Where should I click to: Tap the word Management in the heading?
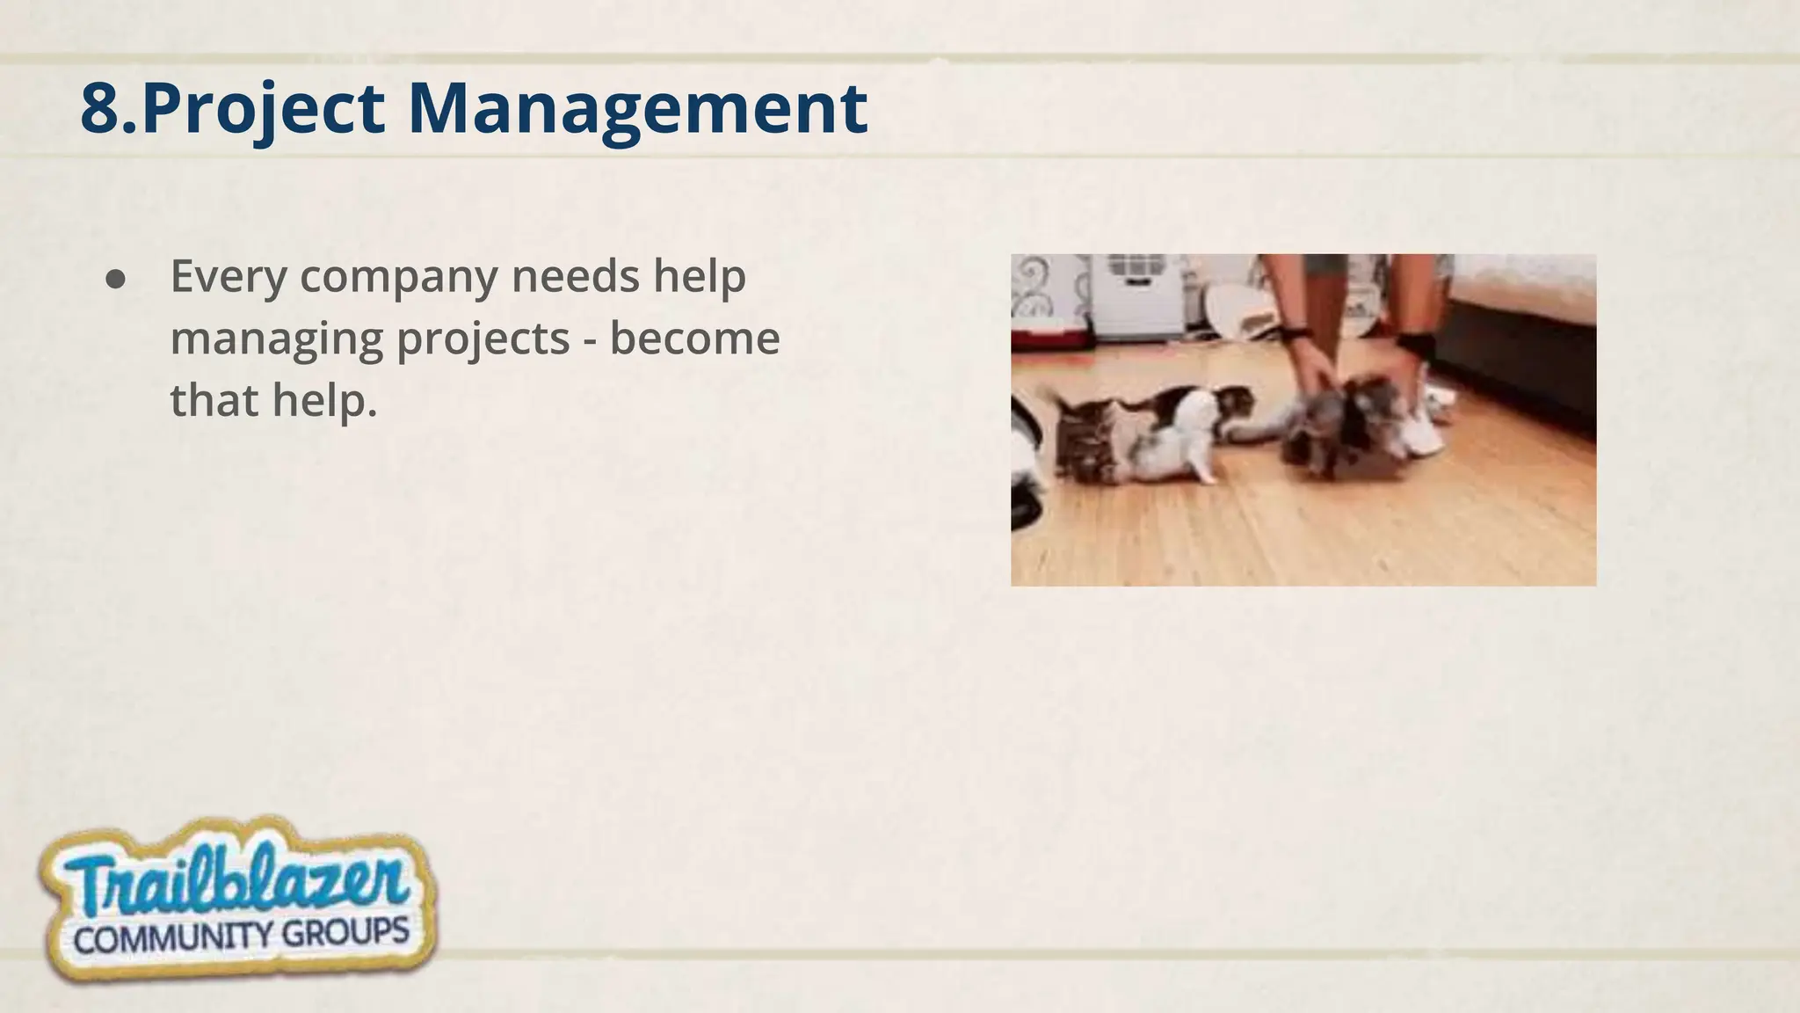pos(638,110)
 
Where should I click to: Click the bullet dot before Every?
pos(115,279)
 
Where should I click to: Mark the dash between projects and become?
pos(591,339)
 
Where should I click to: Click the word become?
pos(694,338)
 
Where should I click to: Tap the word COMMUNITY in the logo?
pos(172,938)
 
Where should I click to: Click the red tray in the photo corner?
pos(1049,334)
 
